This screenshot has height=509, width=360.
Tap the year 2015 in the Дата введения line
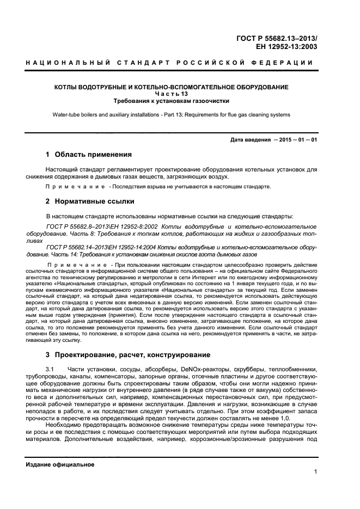(285, 140)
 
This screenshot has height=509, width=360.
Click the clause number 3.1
(52, 370)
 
